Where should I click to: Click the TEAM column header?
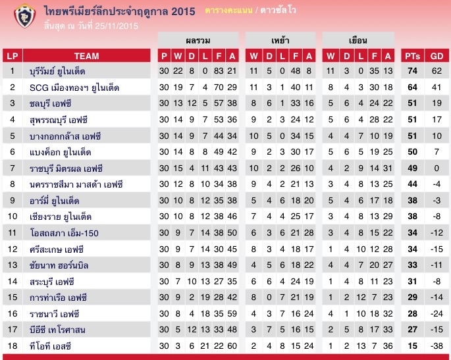click(86, 55)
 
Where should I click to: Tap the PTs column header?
click(413, 55)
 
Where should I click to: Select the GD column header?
click(437, 55)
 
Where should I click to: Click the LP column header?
click(12, 55)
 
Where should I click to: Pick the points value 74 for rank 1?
click(413, 70)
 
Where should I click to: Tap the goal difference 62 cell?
click(437, 70)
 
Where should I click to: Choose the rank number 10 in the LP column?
click(12, 217)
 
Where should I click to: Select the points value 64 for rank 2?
click(413, 87)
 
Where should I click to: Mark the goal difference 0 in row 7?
click(437, 168)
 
